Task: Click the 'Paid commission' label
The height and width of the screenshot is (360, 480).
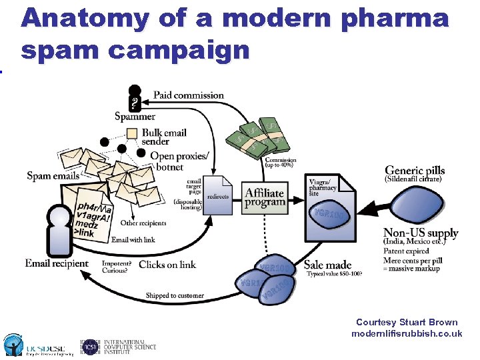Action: (189, 95)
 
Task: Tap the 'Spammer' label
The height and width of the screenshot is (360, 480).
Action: (135, 117)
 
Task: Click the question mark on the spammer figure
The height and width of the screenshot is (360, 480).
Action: (135, 103)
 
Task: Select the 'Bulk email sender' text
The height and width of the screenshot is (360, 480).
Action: (164, 137)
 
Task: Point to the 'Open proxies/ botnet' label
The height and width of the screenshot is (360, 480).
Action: (179, 161)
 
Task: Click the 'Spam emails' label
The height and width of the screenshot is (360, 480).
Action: (53, 176)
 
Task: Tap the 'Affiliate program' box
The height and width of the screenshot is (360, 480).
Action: (265, 197)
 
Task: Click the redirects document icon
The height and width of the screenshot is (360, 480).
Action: (217, 195)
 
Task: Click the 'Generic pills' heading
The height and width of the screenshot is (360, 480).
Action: (415, 171)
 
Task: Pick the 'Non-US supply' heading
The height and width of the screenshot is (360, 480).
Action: (421, 233)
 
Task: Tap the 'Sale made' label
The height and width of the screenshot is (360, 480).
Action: (327, 264)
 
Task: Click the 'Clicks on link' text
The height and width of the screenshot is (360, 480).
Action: (167, 265)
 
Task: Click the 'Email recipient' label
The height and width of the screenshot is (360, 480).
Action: (57, 263)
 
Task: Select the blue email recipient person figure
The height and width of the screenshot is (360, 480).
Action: (59, 227)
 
